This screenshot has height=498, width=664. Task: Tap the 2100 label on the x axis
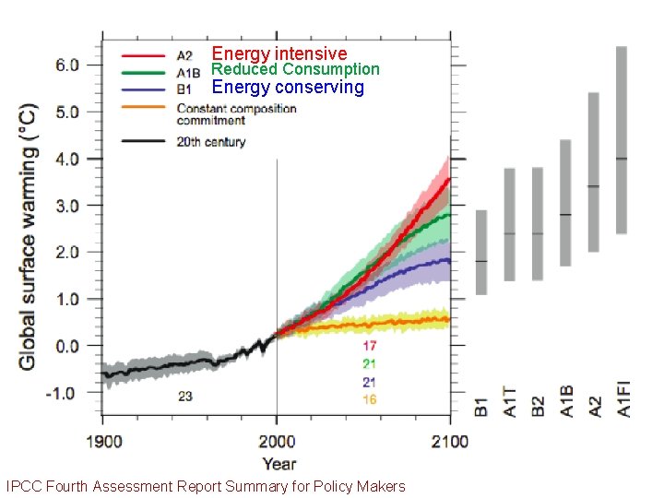click(449, 442)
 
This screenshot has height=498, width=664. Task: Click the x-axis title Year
click(279, 464)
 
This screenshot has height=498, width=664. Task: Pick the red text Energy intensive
click(279, 53)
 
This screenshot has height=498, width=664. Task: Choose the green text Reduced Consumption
click(295, 69)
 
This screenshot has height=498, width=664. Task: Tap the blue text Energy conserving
click(288, 88)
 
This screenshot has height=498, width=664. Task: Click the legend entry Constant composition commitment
click(236, 114)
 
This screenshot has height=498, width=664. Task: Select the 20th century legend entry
click(211, 142)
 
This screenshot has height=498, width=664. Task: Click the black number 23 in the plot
click(185, 397)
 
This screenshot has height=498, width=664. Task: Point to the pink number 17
click(369, 346)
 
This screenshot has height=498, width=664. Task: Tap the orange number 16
click(369, 399)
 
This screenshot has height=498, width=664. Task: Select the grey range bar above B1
click(480, 252)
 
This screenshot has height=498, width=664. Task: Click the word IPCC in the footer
click(23, 486)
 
